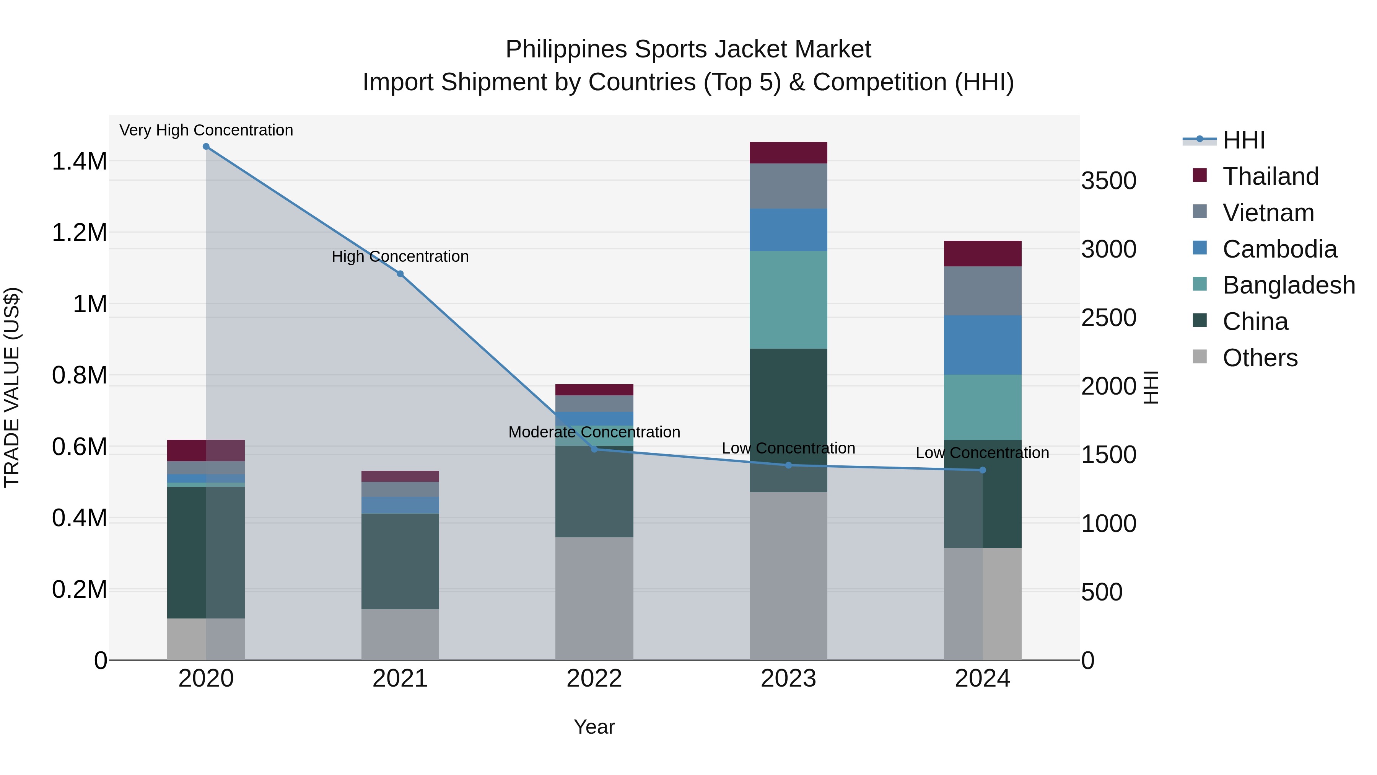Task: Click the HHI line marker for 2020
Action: click(206, 147)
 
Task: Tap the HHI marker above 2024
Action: click(983, 470)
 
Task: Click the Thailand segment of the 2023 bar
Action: click(788, 153)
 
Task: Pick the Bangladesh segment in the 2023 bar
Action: click(788, 300)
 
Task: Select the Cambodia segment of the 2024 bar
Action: click(983, 345)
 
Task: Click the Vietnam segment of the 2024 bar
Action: click(983, 291)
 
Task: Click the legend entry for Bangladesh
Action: click(1288, 285)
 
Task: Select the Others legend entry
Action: click(1260, 358)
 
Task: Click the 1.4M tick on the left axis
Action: click(79, 161)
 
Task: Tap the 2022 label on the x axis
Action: click(594, 679)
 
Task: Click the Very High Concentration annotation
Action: click(206, 130)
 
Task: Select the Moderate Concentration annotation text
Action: click(594, 432)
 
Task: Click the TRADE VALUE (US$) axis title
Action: click(12, 387)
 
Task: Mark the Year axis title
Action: click(594, 727)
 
